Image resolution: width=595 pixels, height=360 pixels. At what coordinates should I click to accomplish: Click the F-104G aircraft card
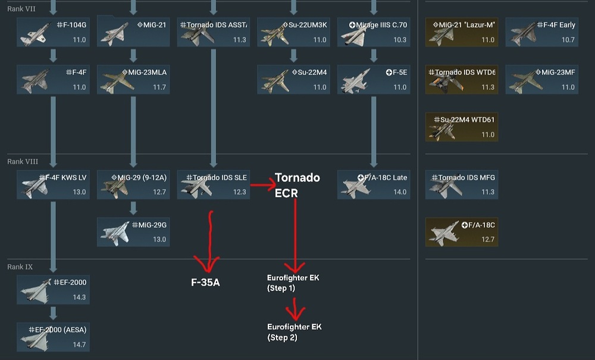pos(53,32)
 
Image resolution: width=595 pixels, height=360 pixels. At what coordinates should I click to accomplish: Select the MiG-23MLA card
pos(133,79)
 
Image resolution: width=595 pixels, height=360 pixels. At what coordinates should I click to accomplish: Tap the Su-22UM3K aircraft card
pos(293,32)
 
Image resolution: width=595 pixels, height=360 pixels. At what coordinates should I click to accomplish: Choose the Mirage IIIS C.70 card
pos(374,32)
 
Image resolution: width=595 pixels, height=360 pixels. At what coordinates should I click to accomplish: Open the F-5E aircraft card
pos(374,79)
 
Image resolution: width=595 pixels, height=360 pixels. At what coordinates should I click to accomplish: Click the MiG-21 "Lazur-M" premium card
pos(462,32)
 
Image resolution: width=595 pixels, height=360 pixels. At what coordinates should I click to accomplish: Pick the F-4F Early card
pos(542,32)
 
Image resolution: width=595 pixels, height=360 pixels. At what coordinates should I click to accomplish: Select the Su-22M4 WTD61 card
pos(462,127)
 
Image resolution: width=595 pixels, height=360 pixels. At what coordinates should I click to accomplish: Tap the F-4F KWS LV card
pos(53,184)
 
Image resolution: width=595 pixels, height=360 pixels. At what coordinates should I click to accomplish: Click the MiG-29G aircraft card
pos(133,232)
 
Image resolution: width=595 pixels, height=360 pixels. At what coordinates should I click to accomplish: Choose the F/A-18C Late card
pos(374,184)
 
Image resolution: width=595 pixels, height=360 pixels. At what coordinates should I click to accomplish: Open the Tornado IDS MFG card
pos(462,184)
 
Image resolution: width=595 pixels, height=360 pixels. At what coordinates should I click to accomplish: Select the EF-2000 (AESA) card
pos(53,337)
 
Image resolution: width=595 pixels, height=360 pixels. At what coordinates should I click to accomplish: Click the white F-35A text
pos(205,282)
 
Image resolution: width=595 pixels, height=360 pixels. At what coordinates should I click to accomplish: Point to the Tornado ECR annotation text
pos(297,185)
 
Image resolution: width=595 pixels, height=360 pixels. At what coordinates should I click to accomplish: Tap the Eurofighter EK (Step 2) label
pos(294,332)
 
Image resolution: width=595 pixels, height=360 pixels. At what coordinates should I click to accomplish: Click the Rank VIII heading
pos(23,162)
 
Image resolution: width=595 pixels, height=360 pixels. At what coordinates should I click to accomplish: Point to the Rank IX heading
pos(20,267)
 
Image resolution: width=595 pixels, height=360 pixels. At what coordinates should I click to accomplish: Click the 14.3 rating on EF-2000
pos(79,297)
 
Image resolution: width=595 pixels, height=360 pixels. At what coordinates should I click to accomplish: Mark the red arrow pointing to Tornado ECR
pos(264,185)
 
